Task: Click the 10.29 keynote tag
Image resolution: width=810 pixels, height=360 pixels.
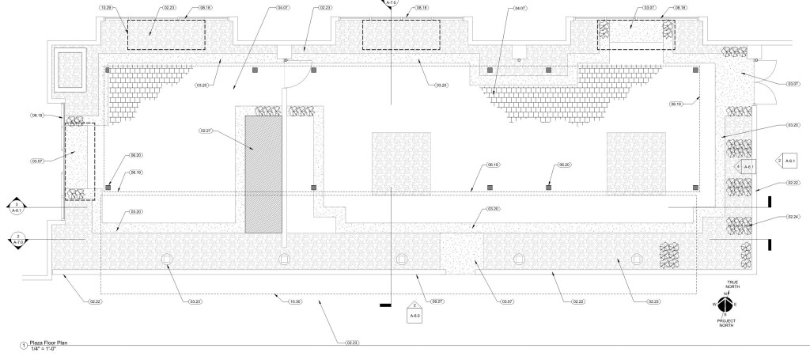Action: (x=104, y=7)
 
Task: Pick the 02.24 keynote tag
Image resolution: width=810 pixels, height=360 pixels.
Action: (x=793, y=217)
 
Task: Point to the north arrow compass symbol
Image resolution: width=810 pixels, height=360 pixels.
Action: (x=726, y=302)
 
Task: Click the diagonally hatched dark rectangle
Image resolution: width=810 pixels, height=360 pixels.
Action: (x=263, y=173)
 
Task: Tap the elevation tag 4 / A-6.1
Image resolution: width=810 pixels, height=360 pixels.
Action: (x=744, y=166)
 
